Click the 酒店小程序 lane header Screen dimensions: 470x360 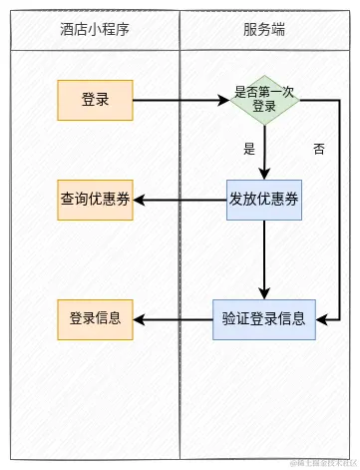(94, 30)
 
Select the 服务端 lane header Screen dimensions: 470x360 (264, 30)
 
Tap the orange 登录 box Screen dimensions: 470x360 (95, 100)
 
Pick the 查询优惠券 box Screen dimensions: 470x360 (95, 200)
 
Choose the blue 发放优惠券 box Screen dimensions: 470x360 (264, 200)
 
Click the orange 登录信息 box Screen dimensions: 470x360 (95, 319)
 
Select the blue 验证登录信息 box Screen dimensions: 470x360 (264, 319)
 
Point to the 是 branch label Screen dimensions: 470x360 (249, 149)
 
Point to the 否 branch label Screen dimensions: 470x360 (319, 149)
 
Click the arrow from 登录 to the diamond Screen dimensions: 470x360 (180, 100)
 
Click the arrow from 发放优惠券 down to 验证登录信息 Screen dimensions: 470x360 (264, 259)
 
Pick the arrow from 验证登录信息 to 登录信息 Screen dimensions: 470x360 (175, 319)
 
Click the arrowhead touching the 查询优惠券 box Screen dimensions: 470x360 (140, 200)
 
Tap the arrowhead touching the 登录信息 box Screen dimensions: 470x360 (140, 319)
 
